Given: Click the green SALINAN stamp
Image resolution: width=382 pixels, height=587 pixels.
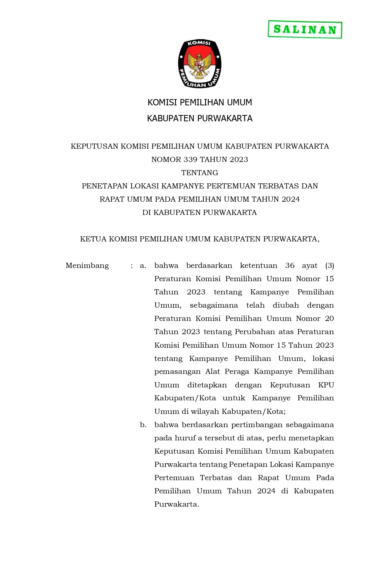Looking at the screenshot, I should [x=305, y=30].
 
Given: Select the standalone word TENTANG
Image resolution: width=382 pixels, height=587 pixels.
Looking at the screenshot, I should [x=200, y=173].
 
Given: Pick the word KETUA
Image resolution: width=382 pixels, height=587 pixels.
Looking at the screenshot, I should [x=93, y=239].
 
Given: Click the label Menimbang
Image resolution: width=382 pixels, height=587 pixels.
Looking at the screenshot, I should [x=87, y=266].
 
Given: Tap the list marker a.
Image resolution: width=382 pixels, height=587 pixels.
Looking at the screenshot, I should [x=143, y=266].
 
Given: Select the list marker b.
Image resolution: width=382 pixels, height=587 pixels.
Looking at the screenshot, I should [x=143, y=425].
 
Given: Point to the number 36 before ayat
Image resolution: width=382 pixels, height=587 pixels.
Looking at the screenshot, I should [x=290, y=266].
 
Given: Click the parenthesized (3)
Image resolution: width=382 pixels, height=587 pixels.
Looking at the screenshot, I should [x=329, y=266].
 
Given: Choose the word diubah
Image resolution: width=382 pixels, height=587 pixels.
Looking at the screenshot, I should [x=286, y=305].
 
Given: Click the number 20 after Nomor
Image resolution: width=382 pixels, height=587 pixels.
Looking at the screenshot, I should [x=329, y=318].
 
